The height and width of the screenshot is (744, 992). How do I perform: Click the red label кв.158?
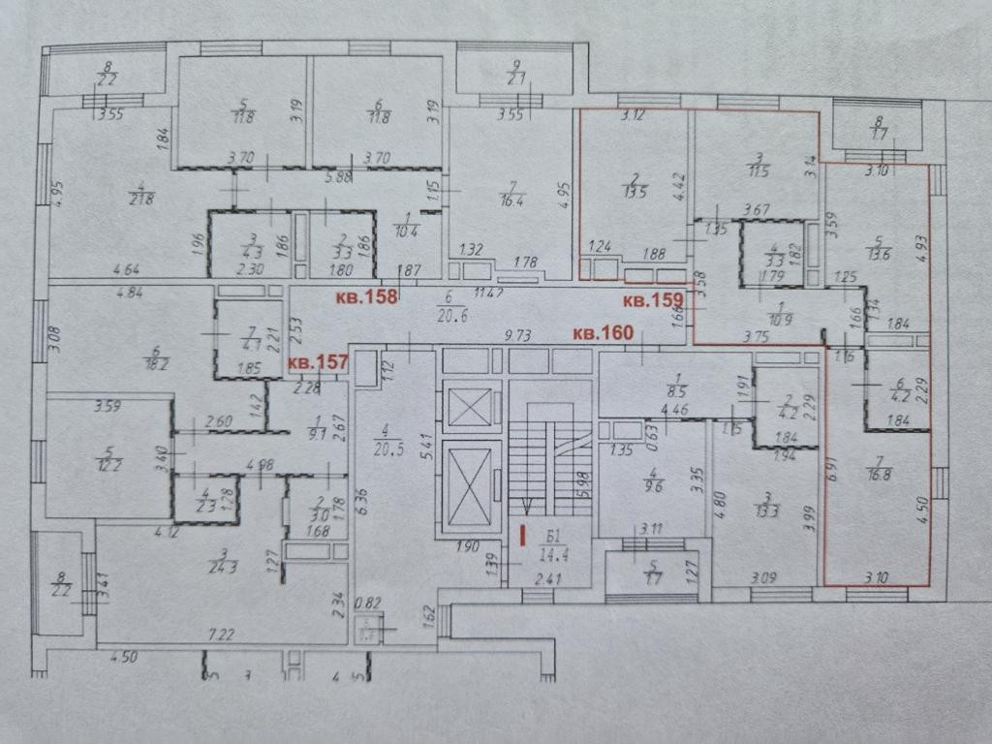tap(366, 296)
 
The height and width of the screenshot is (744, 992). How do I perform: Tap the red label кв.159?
tap(654, 299)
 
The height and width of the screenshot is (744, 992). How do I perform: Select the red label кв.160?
tap(603, 333)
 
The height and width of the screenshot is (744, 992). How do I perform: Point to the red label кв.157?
tap(317, 362)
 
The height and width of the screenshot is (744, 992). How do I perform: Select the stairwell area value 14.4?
tap(554, 555)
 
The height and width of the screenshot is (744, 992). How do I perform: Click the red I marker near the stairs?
tap(523, 533)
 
